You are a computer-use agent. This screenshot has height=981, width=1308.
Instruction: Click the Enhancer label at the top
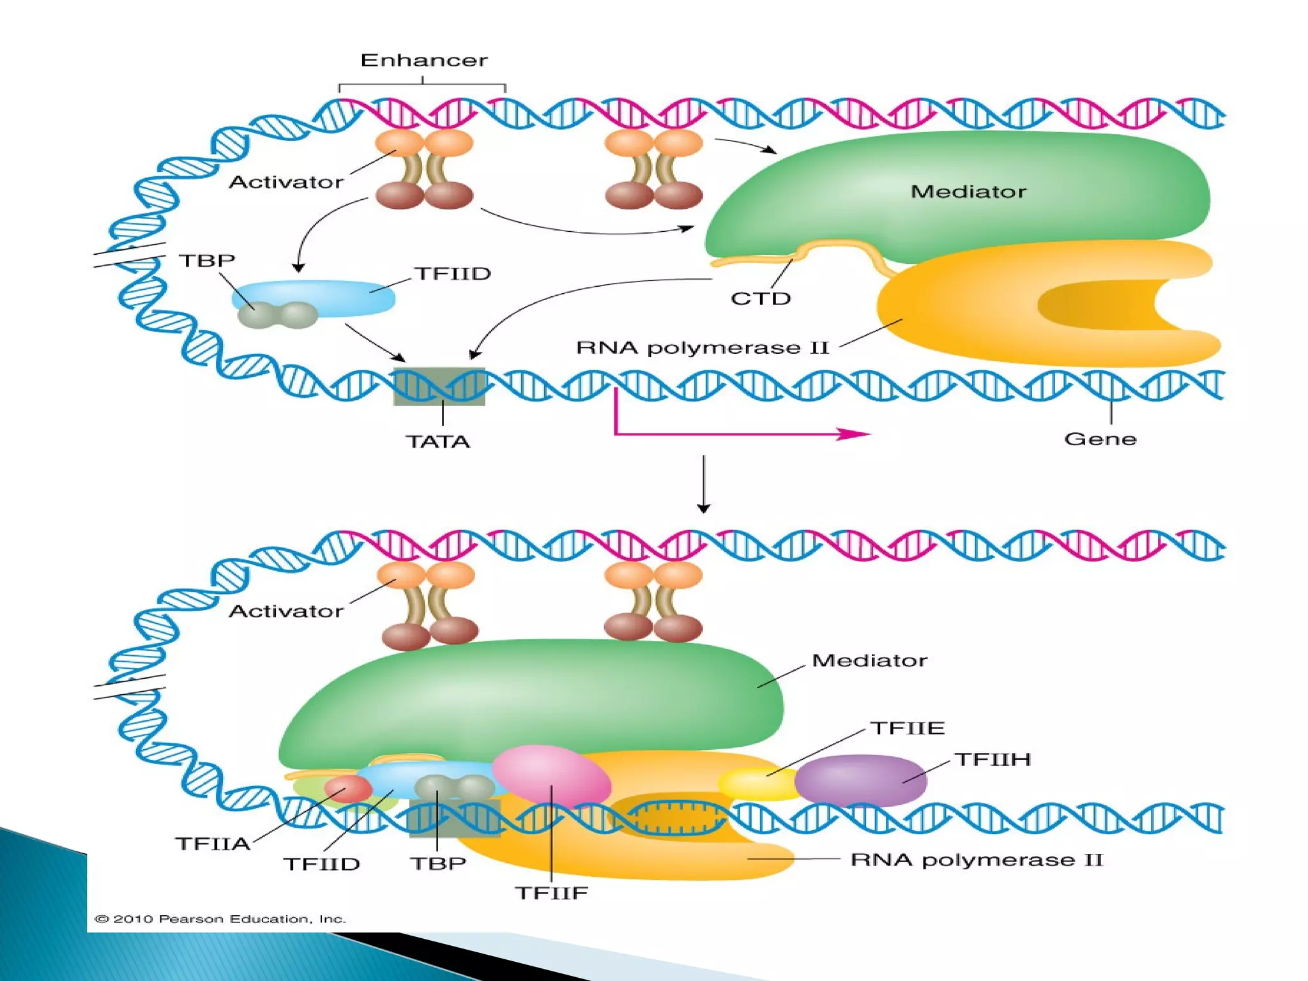(423, 61)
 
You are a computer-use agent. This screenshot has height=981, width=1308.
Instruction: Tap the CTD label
(760, 299)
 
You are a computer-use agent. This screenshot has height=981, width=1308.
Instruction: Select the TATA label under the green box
(438, 441)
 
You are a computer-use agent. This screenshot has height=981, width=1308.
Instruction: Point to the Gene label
(1100, 439)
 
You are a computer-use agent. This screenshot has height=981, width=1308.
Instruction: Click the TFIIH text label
(992, 759)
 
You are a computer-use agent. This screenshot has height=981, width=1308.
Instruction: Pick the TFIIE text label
(908, 728)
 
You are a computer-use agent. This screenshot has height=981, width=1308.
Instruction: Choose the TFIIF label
(551, 893)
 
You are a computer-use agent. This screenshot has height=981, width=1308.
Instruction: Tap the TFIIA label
(213, 844)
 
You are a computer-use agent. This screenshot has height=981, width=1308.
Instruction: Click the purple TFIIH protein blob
(860, 780)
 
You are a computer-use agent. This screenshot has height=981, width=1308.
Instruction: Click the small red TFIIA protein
(347, 789)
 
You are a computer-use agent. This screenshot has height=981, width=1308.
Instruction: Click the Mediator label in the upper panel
(968, 192)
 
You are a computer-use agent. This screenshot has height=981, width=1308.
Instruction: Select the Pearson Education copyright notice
(220, 919)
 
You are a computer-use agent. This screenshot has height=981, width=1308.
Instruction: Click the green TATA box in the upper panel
(439, 387)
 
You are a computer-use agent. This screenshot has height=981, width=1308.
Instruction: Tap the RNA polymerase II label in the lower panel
(977, 860)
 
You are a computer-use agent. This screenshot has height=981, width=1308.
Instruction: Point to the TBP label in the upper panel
(206, 261)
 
